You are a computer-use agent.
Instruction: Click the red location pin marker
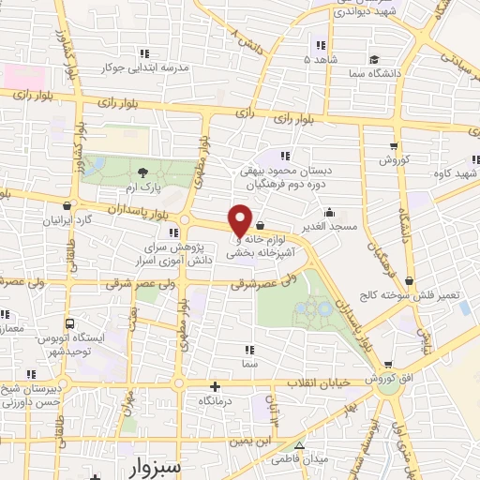click(240, 219)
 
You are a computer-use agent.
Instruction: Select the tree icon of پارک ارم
click(142, 172)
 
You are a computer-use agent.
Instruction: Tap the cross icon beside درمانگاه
click(216, 385)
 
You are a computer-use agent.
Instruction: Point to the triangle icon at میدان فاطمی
click(300, 445)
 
